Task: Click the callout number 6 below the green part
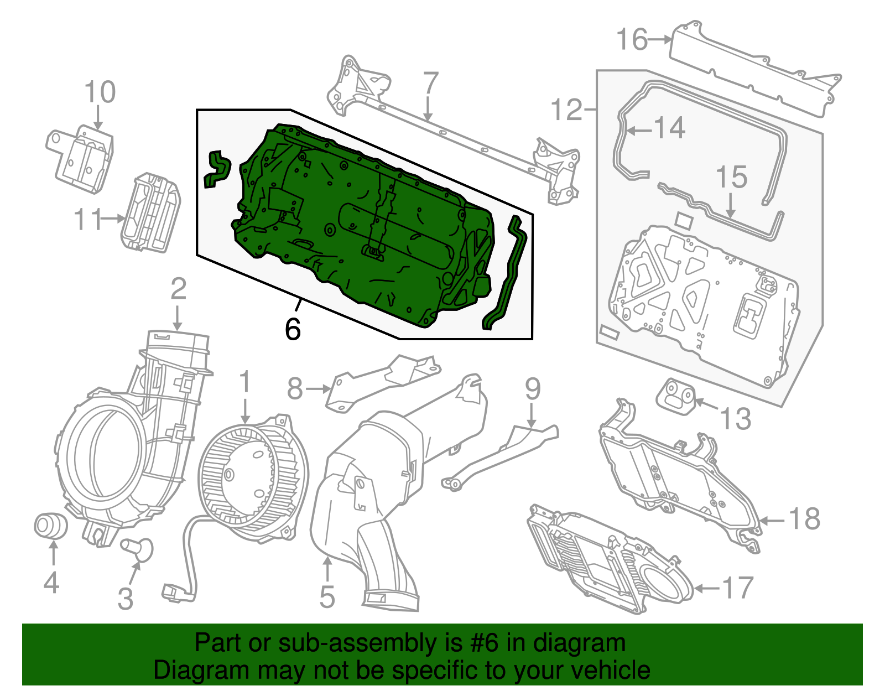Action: coord(293,330)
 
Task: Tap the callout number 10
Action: coord(100,92)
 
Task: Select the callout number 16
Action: coord(632,40)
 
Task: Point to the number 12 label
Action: coord(567,110)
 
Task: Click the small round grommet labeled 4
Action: coord(50,526)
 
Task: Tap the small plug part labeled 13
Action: coord(676,396)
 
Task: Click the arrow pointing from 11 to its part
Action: coord(113,219)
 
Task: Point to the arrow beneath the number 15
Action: coord(731,204)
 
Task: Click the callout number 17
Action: coord(737,588)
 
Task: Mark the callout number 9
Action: coord(532,389)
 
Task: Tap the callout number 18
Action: coord(804,519)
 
